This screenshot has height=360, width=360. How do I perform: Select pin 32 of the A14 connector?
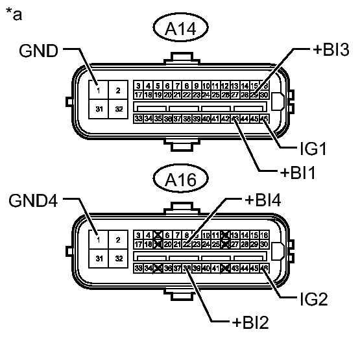(117, 108)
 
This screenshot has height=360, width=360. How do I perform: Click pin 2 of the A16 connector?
(117, 240)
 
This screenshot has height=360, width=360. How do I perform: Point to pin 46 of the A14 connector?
(264, 119)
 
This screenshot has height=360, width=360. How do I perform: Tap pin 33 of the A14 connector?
(139, 119)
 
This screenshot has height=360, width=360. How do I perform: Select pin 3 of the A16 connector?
(139, 235)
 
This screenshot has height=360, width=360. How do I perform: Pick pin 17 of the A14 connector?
(139, 94)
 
